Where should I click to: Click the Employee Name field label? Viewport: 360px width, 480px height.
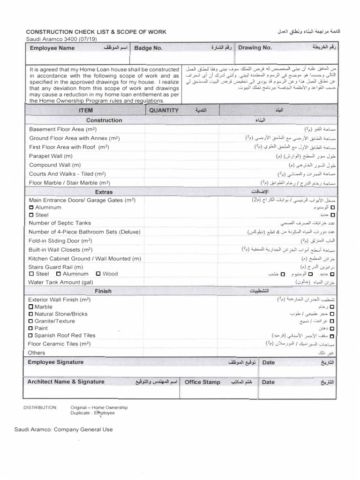(x=52, y=48)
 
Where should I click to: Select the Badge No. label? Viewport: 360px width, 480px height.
(x=149, y=48)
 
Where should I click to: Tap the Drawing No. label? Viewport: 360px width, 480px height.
(x=255, y=48)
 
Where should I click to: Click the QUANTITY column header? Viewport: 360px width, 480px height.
(x=164, y=111)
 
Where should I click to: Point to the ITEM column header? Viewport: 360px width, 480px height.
(x=86, y=111)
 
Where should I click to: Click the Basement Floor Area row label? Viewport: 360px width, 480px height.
(x=63, y=129)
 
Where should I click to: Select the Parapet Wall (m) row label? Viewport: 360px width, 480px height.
(x=51, y=156)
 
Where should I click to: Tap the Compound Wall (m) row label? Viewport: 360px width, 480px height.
(x=55, y=165)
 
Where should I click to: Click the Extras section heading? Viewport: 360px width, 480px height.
(x=104, y=192)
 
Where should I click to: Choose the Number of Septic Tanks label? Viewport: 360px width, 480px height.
(x=60, y=223)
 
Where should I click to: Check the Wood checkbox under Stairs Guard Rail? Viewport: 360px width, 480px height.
(x=98, y=274)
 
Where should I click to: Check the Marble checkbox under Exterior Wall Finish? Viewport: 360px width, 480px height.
(x=31, y=307)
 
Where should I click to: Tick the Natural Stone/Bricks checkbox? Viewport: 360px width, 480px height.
(x=31, y=314)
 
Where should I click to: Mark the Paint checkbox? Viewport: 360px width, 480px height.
(x=31, y=329)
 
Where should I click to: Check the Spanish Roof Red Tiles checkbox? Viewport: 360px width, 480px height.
(x=31, y=336)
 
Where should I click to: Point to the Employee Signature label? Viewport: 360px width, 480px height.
(x=56, y=362)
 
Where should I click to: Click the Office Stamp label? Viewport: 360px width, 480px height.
(x=202, y=382)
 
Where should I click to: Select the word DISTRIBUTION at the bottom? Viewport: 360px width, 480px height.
(x=40, y=408)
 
